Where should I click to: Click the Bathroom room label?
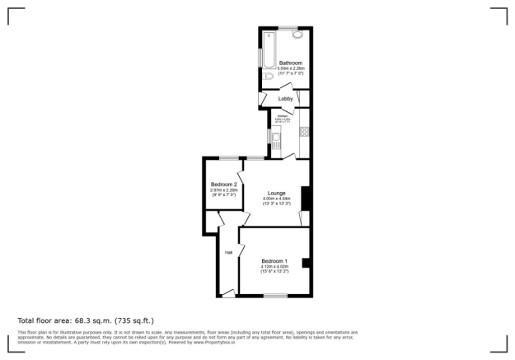pyautogui.click(x=290, y=63)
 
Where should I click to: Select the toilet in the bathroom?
pyautogui.click(x=269, y=77)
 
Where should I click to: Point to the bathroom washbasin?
pyautogui.click(x=297, y=35)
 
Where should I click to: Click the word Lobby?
pyautogui.click(x=285, y=99)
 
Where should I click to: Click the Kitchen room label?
pyautogui.click(x=283, y=115)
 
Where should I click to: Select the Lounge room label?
pyautogui.click(x=276, y=193)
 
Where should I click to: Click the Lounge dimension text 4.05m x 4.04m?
pyautogui.click(x=276, y=199)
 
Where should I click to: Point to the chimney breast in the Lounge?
pyautogui.click(x=305, y=199)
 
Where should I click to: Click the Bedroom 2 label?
pyautogui.click(x=223, y=184)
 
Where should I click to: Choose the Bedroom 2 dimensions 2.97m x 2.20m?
pyautogui.click(x=223, y=190)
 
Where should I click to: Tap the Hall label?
pyautogui.click(x=227, y=252)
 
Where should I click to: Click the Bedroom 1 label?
pyautogui.click(x=274, y=261)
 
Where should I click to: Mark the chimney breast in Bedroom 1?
pyautogui.click(x=306, y=263)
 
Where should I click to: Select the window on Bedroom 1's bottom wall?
pyautogui.click(x=275, y=296)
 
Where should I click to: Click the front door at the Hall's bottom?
pyautogui.click(x=228, y=292)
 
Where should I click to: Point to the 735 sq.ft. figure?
pyautogui.click(x=134, y=320)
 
